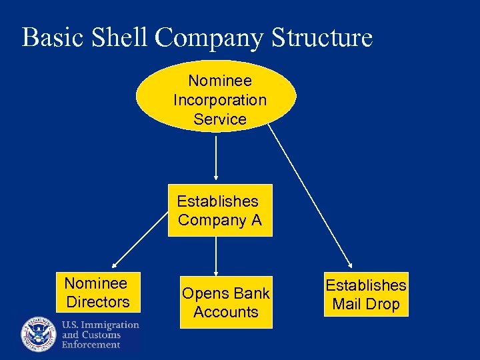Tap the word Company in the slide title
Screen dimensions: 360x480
point(212,39)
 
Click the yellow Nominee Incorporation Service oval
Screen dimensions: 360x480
point(216,97)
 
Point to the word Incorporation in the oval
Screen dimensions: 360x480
point(220,100)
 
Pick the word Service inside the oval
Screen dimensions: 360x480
point(220,119)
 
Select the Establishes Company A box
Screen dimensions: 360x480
point(220,210)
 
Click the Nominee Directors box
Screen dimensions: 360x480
point(97,292)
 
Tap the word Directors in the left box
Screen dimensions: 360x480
point(98,302)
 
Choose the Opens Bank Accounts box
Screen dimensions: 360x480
point(226,302)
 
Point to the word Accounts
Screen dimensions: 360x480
point(226,312)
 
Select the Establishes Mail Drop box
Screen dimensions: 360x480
point(366,295)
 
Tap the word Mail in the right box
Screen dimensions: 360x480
point(347,305)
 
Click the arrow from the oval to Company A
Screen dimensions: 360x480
point(216,157)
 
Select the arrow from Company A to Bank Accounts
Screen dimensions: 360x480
point(216,255)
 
